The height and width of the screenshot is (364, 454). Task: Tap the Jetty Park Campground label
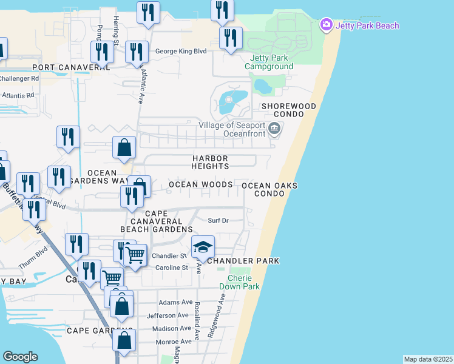[x=268, y=62]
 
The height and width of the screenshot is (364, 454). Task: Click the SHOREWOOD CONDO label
[x=288, y=110]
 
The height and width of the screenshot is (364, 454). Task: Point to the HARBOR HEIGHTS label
[x=211, y=162]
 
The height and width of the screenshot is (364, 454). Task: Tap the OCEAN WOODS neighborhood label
[x=200, y=184]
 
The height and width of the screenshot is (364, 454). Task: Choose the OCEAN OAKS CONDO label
[x=269, y=189]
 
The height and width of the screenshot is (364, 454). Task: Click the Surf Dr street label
[x=218, y=221]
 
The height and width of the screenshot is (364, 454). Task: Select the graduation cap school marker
[x=203, y=247]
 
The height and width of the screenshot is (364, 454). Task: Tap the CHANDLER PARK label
[x=243, y=261]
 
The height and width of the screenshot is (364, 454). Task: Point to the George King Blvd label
[x=181, y=52]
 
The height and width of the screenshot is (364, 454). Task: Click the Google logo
[x=20, y=357]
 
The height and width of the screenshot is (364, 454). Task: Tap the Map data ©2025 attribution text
[x=429, y=359]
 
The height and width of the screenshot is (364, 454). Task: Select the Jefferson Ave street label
[x=168, y=315]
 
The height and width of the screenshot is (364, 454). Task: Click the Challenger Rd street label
[x=19, y=78]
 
